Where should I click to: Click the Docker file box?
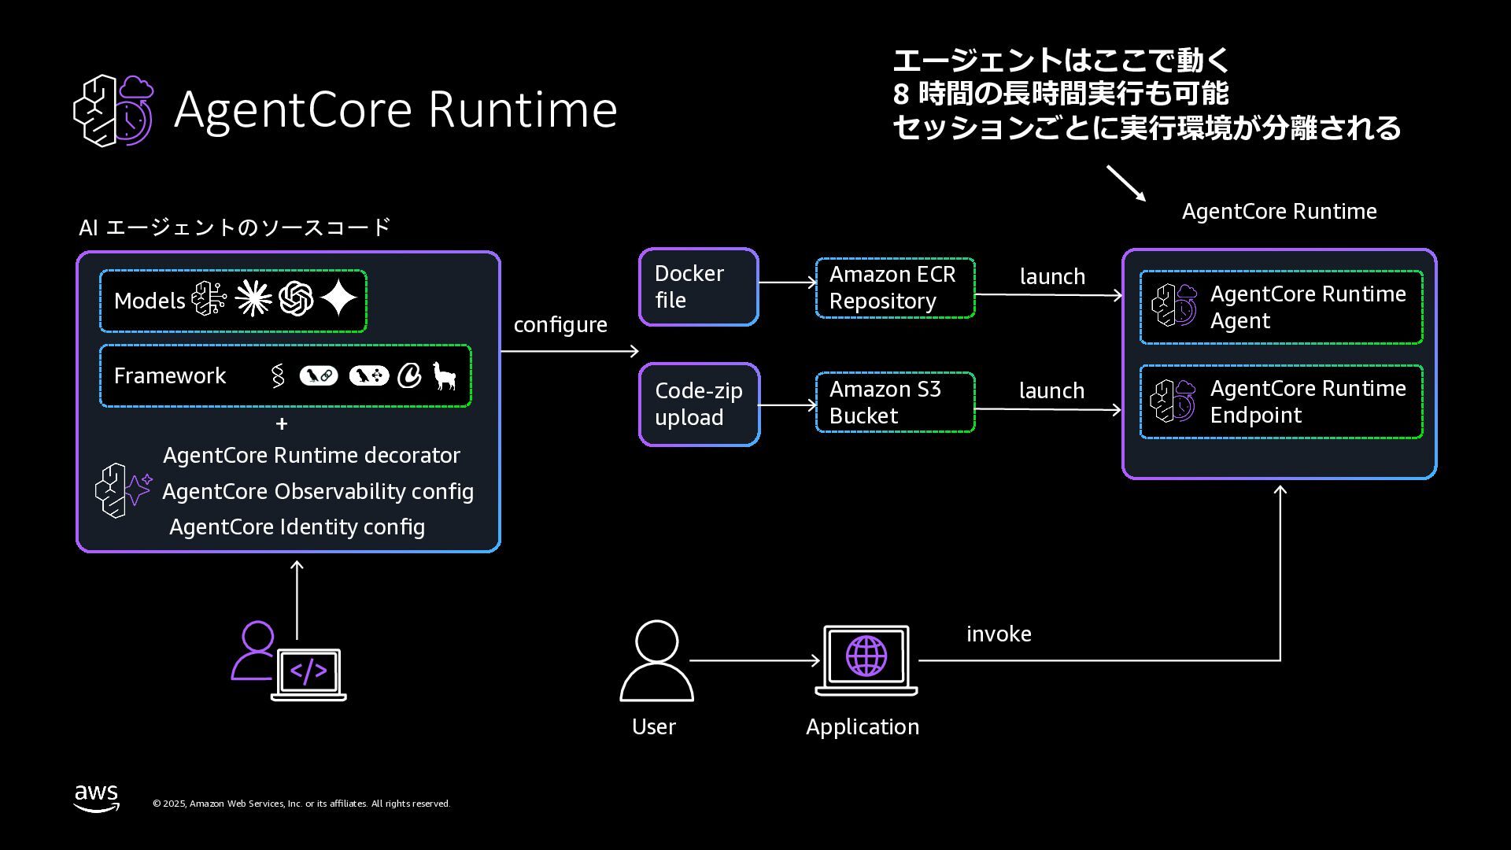click(x=698, y=286)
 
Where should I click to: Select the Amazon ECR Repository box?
click(x=895, y=288)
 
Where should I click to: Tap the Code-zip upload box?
click(x=699, y=405)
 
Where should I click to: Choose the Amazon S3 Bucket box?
click(x=895, y=402)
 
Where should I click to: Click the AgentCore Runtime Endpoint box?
click(x=1280, y=401)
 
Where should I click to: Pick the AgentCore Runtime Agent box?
click(x=1280, y=307)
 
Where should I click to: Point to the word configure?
click(x=560, y=325)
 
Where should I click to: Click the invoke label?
click(x=999, y=634)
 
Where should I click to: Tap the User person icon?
click(x=656, y=660)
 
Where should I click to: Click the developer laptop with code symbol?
click(x=308, y=674)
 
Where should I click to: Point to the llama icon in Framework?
click(x=445, y=375)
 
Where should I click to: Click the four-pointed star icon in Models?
click(x=339, y=299)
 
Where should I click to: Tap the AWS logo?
click(x=97, y=797)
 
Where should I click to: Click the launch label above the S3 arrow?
click(x=1051, y=391)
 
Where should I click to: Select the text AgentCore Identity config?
click(x=297, y=527)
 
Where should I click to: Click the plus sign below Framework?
click(x=282, y=424)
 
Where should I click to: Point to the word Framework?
click(x=170, y=376)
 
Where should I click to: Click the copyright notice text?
click(x=301, y=804)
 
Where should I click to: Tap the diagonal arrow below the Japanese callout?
click(x=1126, y=183)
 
